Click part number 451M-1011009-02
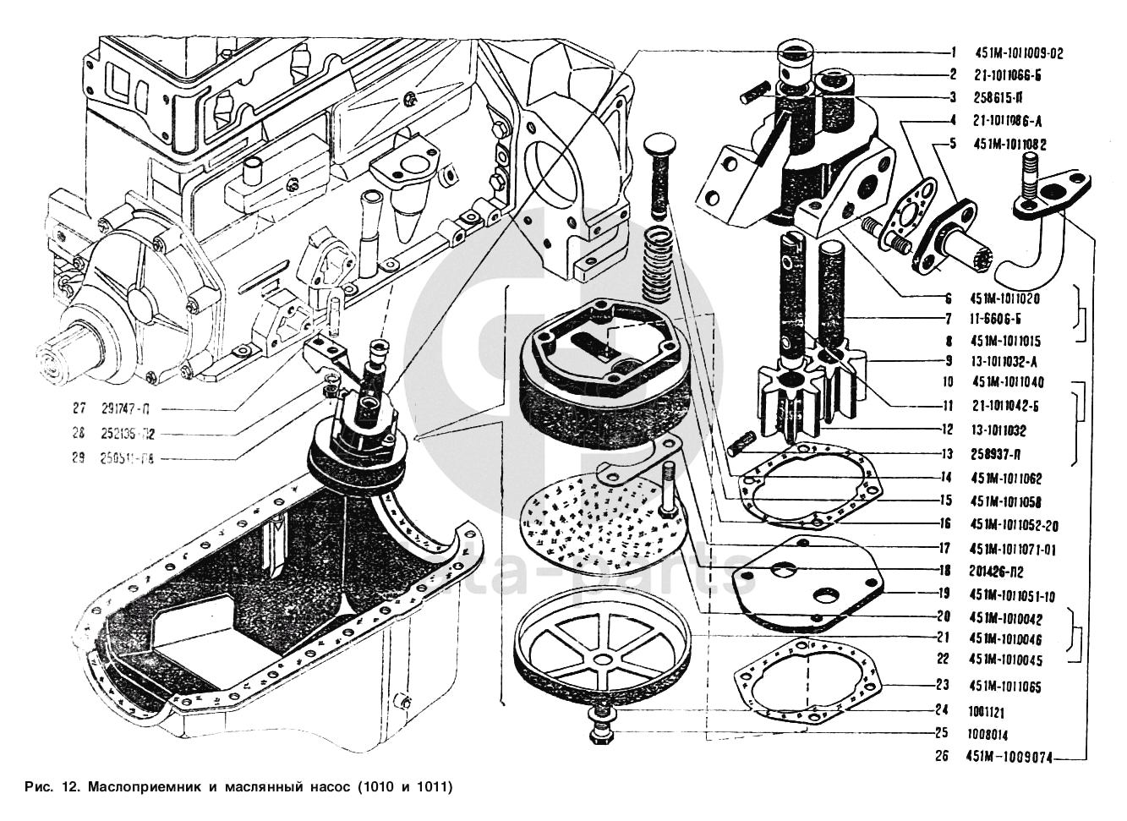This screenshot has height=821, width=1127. pos(1019,52)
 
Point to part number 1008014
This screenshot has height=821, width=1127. pos(989,735)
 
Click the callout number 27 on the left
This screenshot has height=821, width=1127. pos(79,408)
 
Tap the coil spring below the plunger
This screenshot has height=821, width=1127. pos(664,262)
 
